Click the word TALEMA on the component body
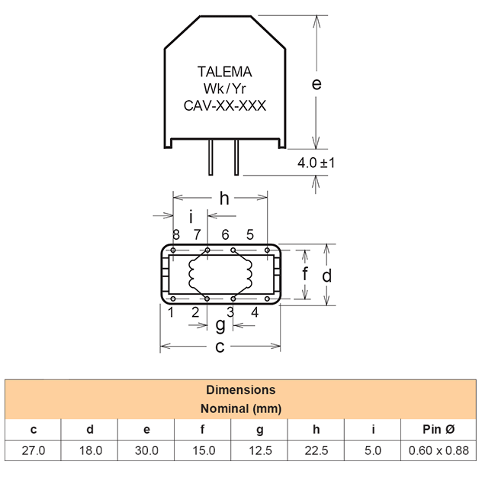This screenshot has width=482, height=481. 224,72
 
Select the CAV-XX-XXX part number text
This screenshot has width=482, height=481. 225,105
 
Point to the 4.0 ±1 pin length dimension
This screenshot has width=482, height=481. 316,163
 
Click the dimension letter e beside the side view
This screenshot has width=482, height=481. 317,84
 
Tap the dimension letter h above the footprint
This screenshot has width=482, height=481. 224,199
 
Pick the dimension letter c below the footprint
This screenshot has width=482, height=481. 220,347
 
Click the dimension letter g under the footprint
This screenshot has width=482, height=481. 220,325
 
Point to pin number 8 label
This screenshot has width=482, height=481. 176,235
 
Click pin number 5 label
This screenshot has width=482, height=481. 250,235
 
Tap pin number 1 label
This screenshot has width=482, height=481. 172,312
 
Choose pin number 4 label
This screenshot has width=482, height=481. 255,312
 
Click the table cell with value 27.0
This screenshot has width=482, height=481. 34,450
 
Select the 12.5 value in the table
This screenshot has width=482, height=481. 260,450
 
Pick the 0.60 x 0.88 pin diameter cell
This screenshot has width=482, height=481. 439,450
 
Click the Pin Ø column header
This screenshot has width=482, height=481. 439,429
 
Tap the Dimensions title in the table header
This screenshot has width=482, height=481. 241,390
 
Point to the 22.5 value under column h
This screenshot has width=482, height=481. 317,450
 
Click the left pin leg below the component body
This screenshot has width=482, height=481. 210,157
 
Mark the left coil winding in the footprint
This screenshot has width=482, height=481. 192,273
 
